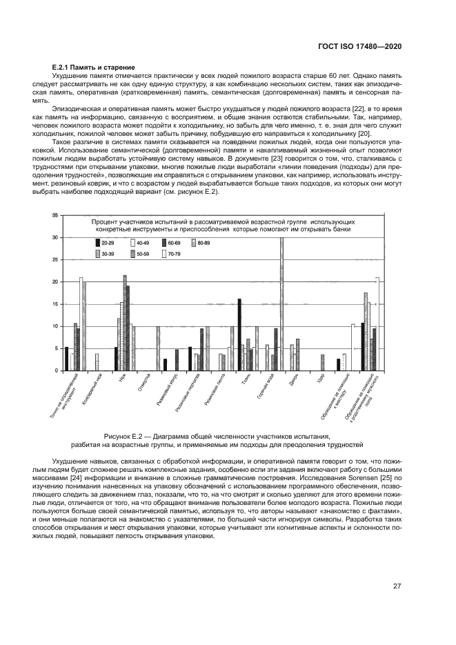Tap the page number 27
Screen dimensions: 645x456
pyautogui.click(x=397, y=586)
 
